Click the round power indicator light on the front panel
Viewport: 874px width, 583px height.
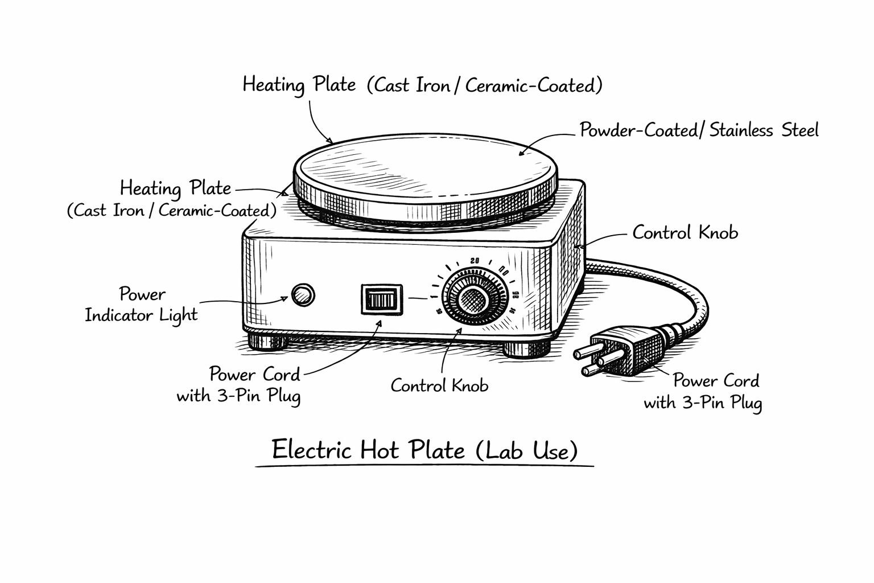click(x=302, y=295)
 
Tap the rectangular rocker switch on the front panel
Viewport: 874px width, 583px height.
click(x=382, y=299)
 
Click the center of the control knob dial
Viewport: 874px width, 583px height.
click(x=472, y=298)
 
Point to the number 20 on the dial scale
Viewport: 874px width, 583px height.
click(x=475, y=261)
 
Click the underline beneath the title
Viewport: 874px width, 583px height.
click(x=424, y=466)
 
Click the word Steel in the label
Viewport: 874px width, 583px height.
click(x=800, y=130)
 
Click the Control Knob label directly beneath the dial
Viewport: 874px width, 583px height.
click(x=439, y=386)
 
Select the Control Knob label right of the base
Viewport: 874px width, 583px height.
click(x=685, y=233)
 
